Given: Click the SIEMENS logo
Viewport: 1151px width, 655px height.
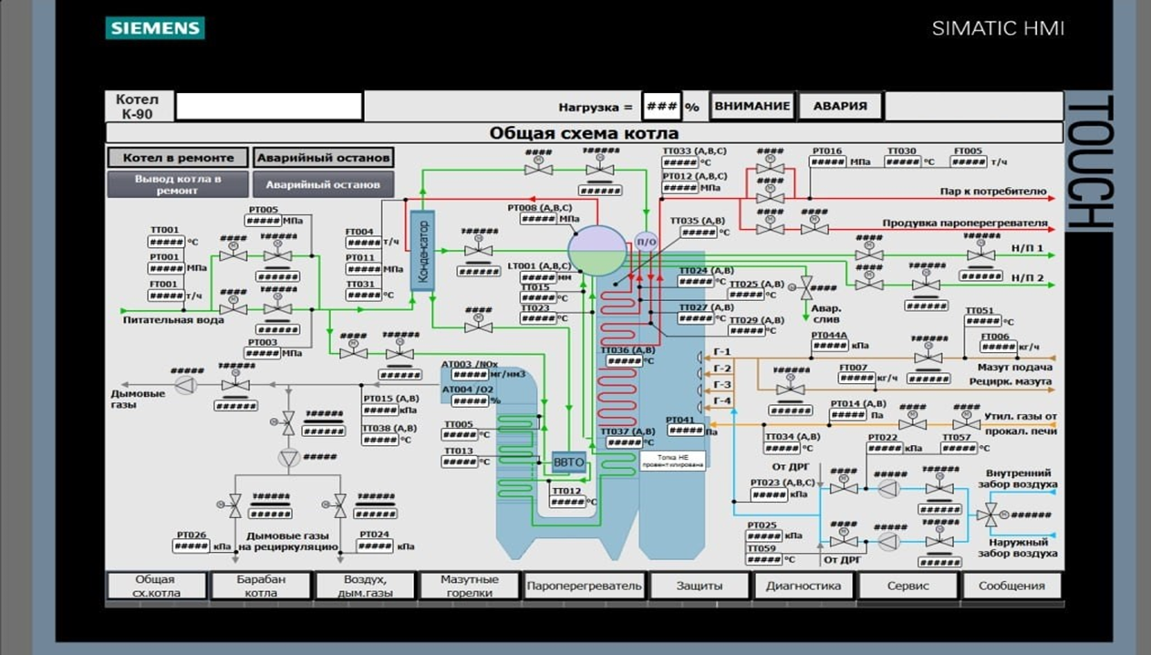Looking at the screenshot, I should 154,28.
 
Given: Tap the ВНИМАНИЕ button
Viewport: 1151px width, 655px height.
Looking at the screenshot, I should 752,106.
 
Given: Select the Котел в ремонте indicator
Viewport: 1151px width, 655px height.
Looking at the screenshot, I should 178,158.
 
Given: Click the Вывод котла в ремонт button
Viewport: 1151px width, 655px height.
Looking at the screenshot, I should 178,184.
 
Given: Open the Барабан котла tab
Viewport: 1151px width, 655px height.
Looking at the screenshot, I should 261,586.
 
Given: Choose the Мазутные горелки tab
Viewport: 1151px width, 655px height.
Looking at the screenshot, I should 470,586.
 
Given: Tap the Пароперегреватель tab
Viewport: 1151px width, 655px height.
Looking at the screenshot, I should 584,586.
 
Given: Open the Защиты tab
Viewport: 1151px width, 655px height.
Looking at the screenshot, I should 700,586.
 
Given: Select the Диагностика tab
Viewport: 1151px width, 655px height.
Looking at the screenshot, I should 804,586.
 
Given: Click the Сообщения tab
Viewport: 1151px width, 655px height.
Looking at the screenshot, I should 1011,586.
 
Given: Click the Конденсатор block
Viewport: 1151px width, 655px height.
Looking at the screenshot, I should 422,250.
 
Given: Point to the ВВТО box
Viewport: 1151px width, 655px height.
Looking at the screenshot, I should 569,463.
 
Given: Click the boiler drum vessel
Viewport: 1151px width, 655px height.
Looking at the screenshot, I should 598,251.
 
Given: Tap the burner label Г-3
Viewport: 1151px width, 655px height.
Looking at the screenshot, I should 721,385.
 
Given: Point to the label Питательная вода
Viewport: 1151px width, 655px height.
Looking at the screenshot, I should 173,320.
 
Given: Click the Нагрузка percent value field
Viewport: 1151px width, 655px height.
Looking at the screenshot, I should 661,106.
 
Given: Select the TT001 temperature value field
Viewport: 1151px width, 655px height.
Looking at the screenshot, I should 167,243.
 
